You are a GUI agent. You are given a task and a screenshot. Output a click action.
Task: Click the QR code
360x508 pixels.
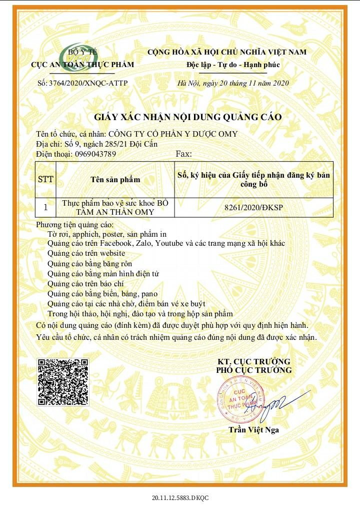(x=63, y=382)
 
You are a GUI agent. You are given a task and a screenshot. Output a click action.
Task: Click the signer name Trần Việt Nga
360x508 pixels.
(x=254, y=429)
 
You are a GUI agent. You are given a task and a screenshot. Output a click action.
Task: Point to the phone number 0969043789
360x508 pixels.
(x=95, y=154)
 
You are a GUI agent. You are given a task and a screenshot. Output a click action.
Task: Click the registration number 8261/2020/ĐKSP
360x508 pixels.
(x=254, y=207)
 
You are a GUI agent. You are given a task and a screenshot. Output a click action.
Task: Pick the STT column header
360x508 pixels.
(x=46, y=179)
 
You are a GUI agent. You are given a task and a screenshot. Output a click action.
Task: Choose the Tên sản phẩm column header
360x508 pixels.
(x=115, y=179)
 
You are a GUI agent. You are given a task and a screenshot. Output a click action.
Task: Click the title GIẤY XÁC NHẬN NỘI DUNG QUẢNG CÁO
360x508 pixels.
(x=188, y=117)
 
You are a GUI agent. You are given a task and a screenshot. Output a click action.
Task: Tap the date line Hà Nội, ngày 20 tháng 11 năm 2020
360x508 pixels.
(x=233, y=83)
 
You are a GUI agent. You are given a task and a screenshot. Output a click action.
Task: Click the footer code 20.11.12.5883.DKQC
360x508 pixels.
(x=180, y=498)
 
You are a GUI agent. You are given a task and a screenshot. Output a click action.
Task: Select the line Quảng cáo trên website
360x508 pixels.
(x=86, y=253)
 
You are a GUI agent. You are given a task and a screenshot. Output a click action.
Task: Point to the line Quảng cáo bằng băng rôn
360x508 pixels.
(x=90, y=263)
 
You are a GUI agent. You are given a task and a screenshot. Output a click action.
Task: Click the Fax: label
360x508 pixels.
(x=184, y=154)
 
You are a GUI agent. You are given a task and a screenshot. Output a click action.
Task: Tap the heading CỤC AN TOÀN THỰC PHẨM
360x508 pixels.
(x=82, y=65)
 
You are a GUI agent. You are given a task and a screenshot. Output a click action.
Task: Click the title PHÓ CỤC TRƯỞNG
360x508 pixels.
(x=253, y=370)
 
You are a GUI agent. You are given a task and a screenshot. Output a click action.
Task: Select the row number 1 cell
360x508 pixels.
(x=46, y=207)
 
